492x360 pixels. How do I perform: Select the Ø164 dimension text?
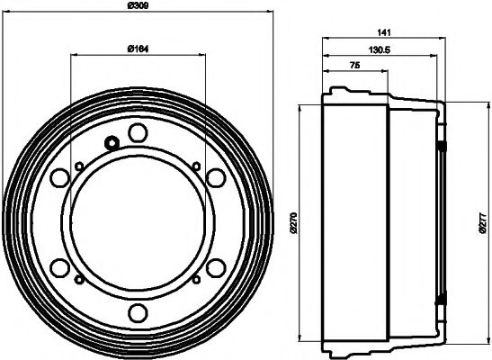pyautogui.click(x=137, y=48)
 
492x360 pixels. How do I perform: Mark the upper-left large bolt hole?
pyautogui.click(x=59, y=177)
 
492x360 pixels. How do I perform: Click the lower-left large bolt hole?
pyautogui.click(x=59, y=267)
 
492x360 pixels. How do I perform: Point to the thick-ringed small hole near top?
pyautogui.click(x=112, y=142)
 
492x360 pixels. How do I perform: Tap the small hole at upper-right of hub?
pyautogui.click(x=196, y=164)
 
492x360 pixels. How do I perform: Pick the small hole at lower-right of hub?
pyautogui.click(x=196, y=280)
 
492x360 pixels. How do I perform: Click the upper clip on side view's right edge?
pyautogui.click(x=442, y=145)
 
